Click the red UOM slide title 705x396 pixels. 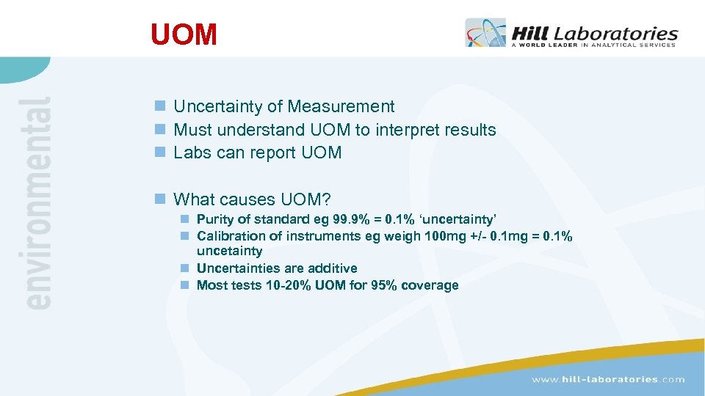(x=184, y=34)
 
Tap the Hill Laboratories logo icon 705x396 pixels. (x=485, y=33)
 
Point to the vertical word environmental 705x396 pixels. (x=37, y=202)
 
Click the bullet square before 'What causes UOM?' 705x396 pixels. (x=160, y=199)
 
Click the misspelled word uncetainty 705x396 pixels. (x=229, y=251)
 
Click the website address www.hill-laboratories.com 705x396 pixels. (x=608, y=379)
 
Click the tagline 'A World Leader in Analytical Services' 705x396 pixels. (x=593, y=45)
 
